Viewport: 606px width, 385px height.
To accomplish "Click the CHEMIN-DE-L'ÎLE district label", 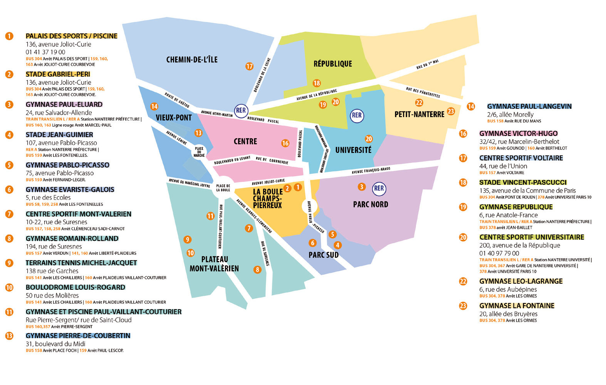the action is pos(192,59).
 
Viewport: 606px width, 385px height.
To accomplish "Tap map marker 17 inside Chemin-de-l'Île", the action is pos(249,66).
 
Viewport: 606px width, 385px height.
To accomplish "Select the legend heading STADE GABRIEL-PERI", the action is pos(58,74).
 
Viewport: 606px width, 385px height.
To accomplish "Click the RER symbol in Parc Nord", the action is pos(379,188).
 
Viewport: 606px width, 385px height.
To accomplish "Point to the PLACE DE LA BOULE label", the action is pos(223,188).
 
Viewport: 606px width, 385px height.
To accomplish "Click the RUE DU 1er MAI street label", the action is pos(428,64).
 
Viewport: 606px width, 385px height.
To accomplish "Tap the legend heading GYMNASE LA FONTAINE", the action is pos(517,306).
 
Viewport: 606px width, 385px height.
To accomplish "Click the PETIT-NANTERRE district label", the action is pos(419,114).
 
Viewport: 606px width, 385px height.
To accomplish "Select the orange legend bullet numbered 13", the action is pos(9,336).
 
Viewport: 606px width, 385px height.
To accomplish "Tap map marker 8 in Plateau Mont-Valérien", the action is pos(257,269).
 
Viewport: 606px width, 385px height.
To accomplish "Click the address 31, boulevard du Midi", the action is pos(55,344).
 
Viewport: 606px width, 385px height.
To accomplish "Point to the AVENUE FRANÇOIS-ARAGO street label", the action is pos(371,170).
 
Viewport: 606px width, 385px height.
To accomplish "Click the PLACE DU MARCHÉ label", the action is pos(199,152).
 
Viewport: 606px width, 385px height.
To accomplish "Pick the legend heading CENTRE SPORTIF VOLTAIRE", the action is pos(521,158).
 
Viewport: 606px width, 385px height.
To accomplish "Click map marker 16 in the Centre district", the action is pos(285,143).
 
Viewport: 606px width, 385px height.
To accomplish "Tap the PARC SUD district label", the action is pos(324,255).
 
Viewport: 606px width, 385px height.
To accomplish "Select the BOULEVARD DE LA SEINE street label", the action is pos(262,75).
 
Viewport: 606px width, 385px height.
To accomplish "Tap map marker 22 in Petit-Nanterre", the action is pos(419,103).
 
